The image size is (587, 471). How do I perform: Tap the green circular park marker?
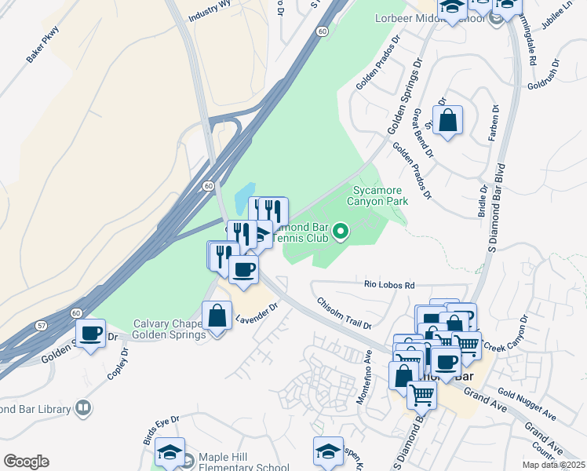point(340,232)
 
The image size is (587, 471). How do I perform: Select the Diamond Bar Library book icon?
point(82,408)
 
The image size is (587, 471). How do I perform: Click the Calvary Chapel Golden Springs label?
point(169,329)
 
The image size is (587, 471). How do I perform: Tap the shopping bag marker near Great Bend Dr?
point(447,121)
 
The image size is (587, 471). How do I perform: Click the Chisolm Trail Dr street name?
point(343,312)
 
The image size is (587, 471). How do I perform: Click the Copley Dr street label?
point(117,361)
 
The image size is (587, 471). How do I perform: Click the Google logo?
point(26,462)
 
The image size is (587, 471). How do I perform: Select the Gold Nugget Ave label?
point(527,403)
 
